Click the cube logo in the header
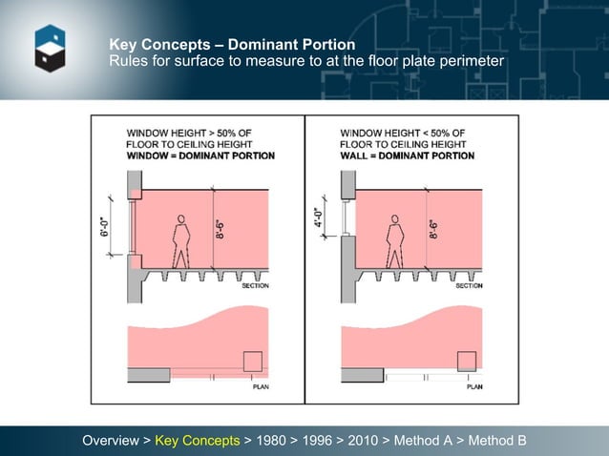click(50, 49)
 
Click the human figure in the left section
click(178, 241)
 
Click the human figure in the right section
click(392, 241)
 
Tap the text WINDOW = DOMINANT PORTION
click(200, 155)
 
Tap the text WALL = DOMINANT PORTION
click(407, 155)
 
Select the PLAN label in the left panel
click(260, 386)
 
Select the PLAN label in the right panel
click(473, 386)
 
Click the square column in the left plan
click(253, 362)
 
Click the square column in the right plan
click(467, 362)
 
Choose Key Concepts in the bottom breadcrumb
click(198, 441)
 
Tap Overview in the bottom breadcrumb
click(111, 441)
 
